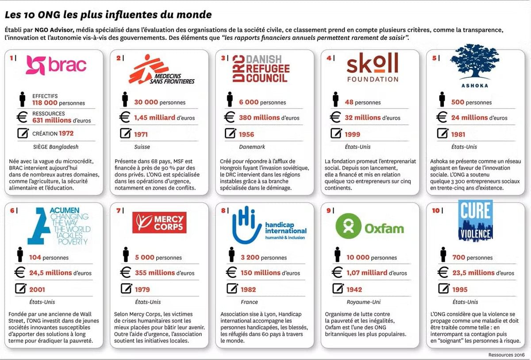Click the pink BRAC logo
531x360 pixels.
pos(56,65)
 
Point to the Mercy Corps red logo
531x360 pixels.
pos(159,222)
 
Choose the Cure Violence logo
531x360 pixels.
pos(475,220)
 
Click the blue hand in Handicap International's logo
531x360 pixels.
pos(246,226)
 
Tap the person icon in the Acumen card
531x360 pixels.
pos(19,255)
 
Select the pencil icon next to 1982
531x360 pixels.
pos(232,289)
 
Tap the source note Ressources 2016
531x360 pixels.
pos(506,355)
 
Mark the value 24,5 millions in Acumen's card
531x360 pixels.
pos(50,273)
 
